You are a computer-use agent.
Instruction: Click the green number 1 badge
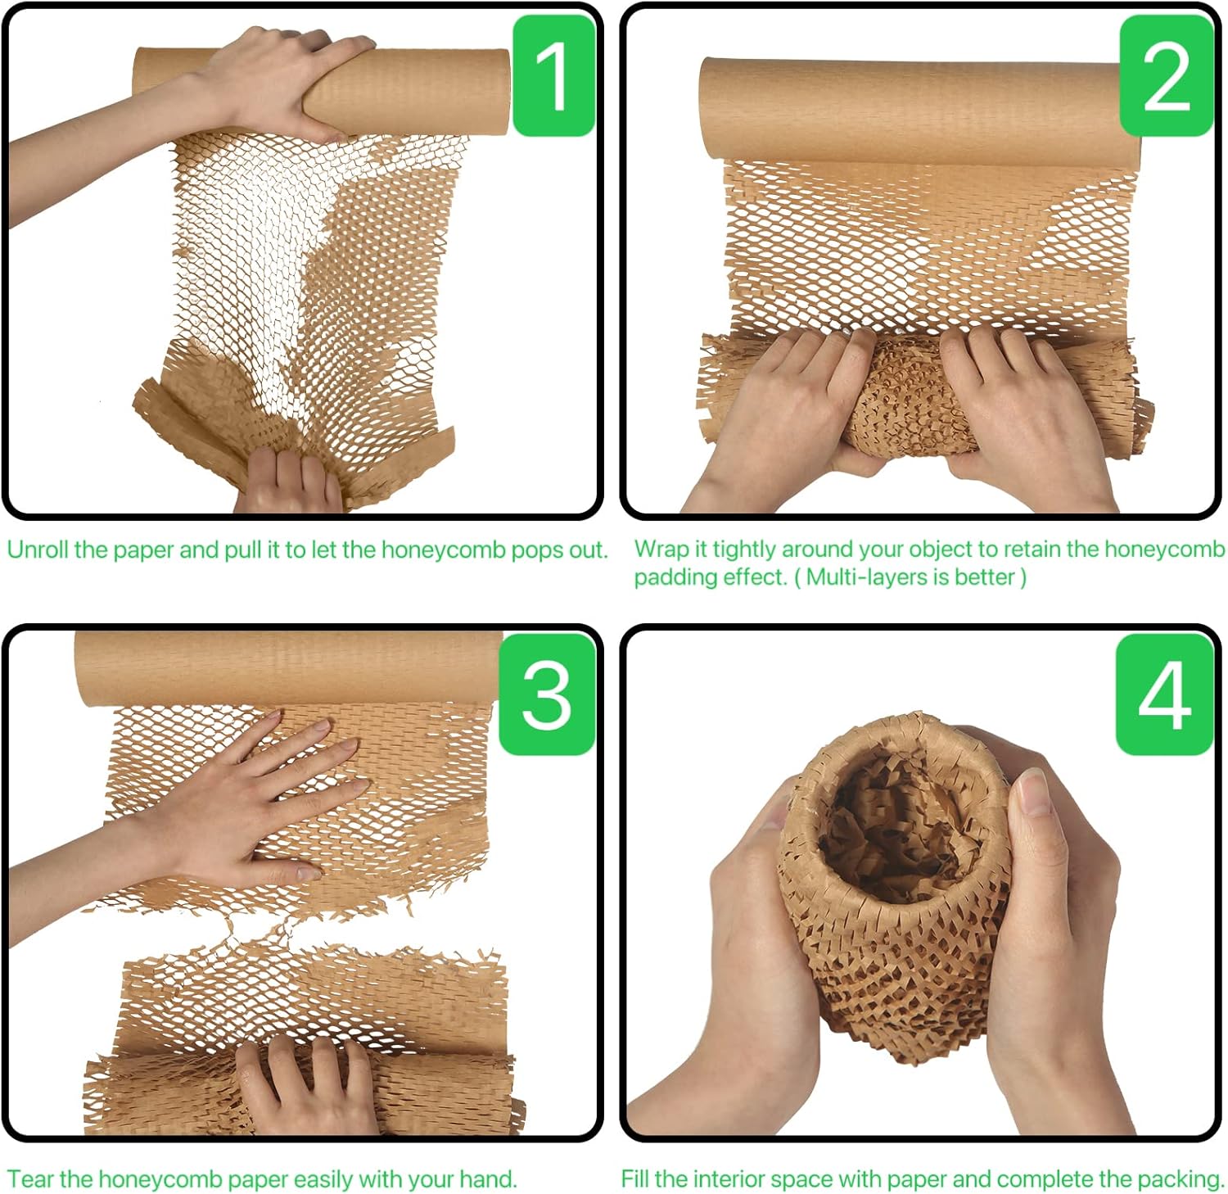point(553,75)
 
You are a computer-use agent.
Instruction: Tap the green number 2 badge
point(1165,75)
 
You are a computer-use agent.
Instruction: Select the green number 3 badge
point(546,694)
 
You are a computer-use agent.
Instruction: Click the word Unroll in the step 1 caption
point(38,550)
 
